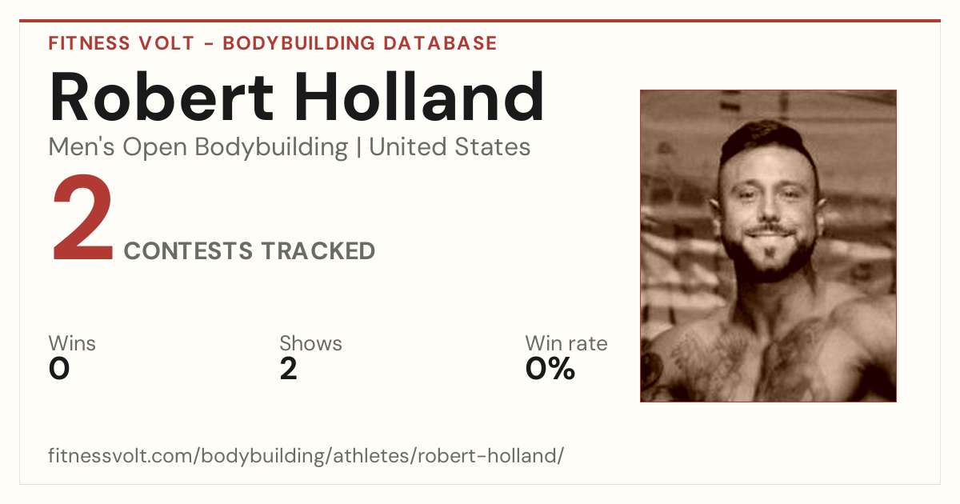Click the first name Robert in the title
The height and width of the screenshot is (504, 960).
click(161, 97)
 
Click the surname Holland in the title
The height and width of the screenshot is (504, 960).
click(419, 96)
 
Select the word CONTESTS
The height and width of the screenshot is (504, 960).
click(188, 250)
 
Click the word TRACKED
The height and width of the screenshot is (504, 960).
click(318, 250)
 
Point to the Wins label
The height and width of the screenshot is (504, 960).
click(72, 343)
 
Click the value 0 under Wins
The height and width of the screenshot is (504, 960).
click(59, 369)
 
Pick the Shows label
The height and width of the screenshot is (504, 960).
click(310, 343)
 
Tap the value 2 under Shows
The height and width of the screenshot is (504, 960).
click(289, 369)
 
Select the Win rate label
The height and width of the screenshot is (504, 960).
click(566, 343)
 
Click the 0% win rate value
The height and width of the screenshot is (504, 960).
click(550, 369)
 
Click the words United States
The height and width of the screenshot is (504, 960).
click(450, 147)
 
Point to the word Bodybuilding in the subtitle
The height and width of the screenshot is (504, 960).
click(271, 148)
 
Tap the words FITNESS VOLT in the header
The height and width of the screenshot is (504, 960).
click(122, 43)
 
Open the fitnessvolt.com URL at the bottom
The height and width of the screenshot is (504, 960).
click(306, 455)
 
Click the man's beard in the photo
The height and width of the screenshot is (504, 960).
click(770, 257)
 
